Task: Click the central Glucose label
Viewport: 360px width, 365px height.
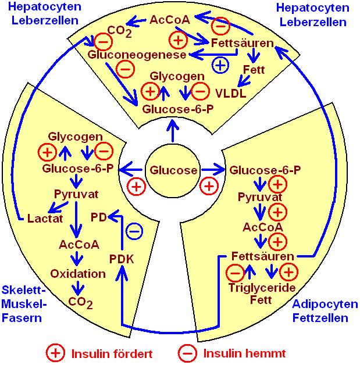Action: click(174, 170)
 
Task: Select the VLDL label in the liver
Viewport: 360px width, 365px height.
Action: click(230, 92)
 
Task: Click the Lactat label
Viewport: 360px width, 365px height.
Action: click(44, 218)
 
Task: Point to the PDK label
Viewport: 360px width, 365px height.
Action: click(122, 258)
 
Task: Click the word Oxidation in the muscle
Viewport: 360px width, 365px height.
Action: click(78, 273)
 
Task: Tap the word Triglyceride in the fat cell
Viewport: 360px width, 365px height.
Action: click(262, 288)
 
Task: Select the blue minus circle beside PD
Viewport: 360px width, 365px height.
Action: click(134, 231)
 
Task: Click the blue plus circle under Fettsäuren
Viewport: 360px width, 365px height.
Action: click(219, 65)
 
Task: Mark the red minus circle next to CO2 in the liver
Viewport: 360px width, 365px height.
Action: click(104, 41)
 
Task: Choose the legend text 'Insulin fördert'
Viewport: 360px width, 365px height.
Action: click(112, 353)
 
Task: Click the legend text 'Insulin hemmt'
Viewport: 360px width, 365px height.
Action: click(244, 353)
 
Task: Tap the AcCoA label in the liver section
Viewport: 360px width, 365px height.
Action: click(170, 20)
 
